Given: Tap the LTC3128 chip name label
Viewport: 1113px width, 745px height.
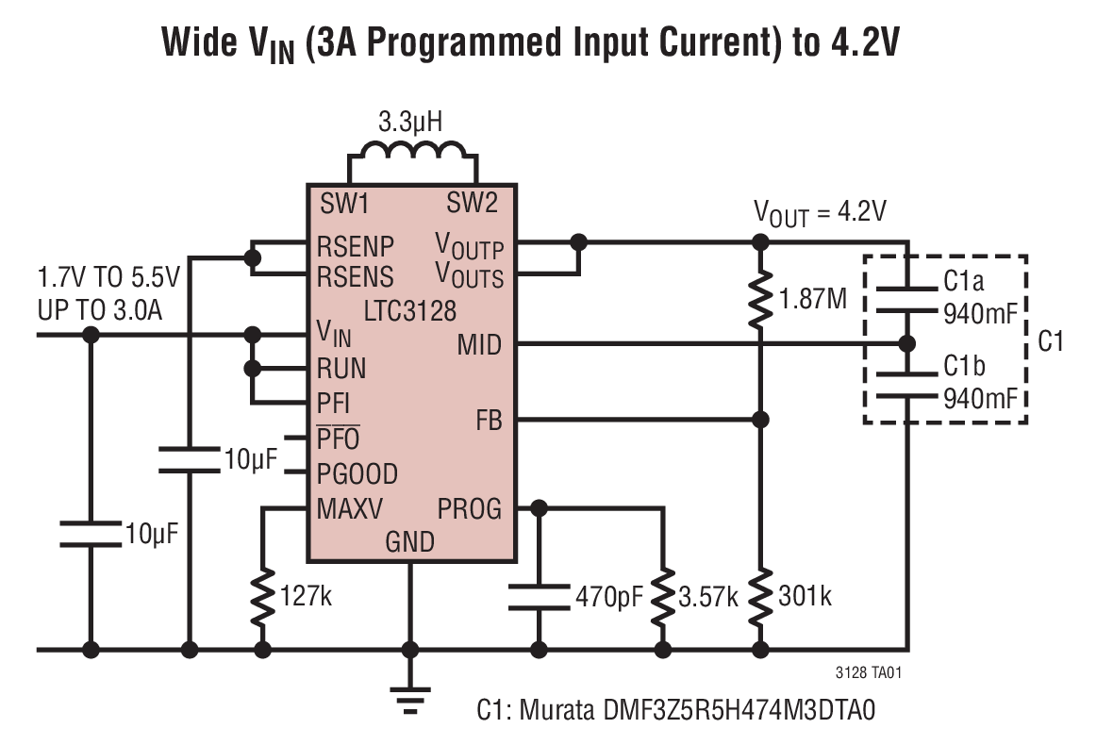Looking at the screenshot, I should [410, 309].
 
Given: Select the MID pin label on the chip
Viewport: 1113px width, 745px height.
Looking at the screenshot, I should [478, 345].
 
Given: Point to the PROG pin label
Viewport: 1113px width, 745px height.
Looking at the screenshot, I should [469, 509].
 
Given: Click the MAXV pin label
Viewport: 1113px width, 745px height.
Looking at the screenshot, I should [350, 509].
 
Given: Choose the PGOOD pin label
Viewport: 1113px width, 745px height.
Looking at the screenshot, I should [357, 473].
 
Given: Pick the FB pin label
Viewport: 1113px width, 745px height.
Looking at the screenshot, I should [488, 420].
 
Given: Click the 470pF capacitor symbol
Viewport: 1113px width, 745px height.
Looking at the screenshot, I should [539, 596].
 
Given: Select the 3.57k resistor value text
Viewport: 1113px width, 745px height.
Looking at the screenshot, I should [707, 596].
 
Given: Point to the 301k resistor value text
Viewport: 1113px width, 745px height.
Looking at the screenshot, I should [805, 596].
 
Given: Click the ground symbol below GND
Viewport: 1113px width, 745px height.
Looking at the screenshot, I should [410, 696].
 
